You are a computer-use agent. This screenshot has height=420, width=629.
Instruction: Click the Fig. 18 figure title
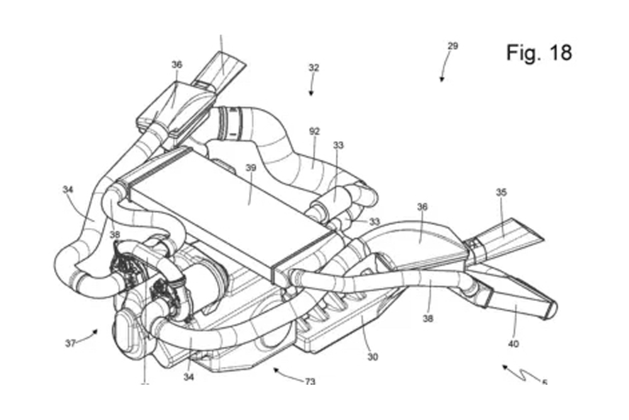point(539,53)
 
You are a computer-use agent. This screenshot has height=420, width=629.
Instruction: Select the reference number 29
point(453,46)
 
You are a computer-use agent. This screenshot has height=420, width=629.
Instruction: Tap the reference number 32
point(314,67)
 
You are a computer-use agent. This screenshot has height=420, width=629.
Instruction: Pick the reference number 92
point(314,131)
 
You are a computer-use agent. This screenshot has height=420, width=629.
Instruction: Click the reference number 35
point(501,192)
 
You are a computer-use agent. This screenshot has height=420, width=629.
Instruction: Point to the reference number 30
point(373,357)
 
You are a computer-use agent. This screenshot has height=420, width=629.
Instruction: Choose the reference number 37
point(70,343)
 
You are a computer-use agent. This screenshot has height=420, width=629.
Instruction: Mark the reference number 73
point(310,381)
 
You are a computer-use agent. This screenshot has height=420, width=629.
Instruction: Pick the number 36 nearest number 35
point(422,207)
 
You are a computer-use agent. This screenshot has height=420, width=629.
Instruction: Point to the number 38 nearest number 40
point(428,319)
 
